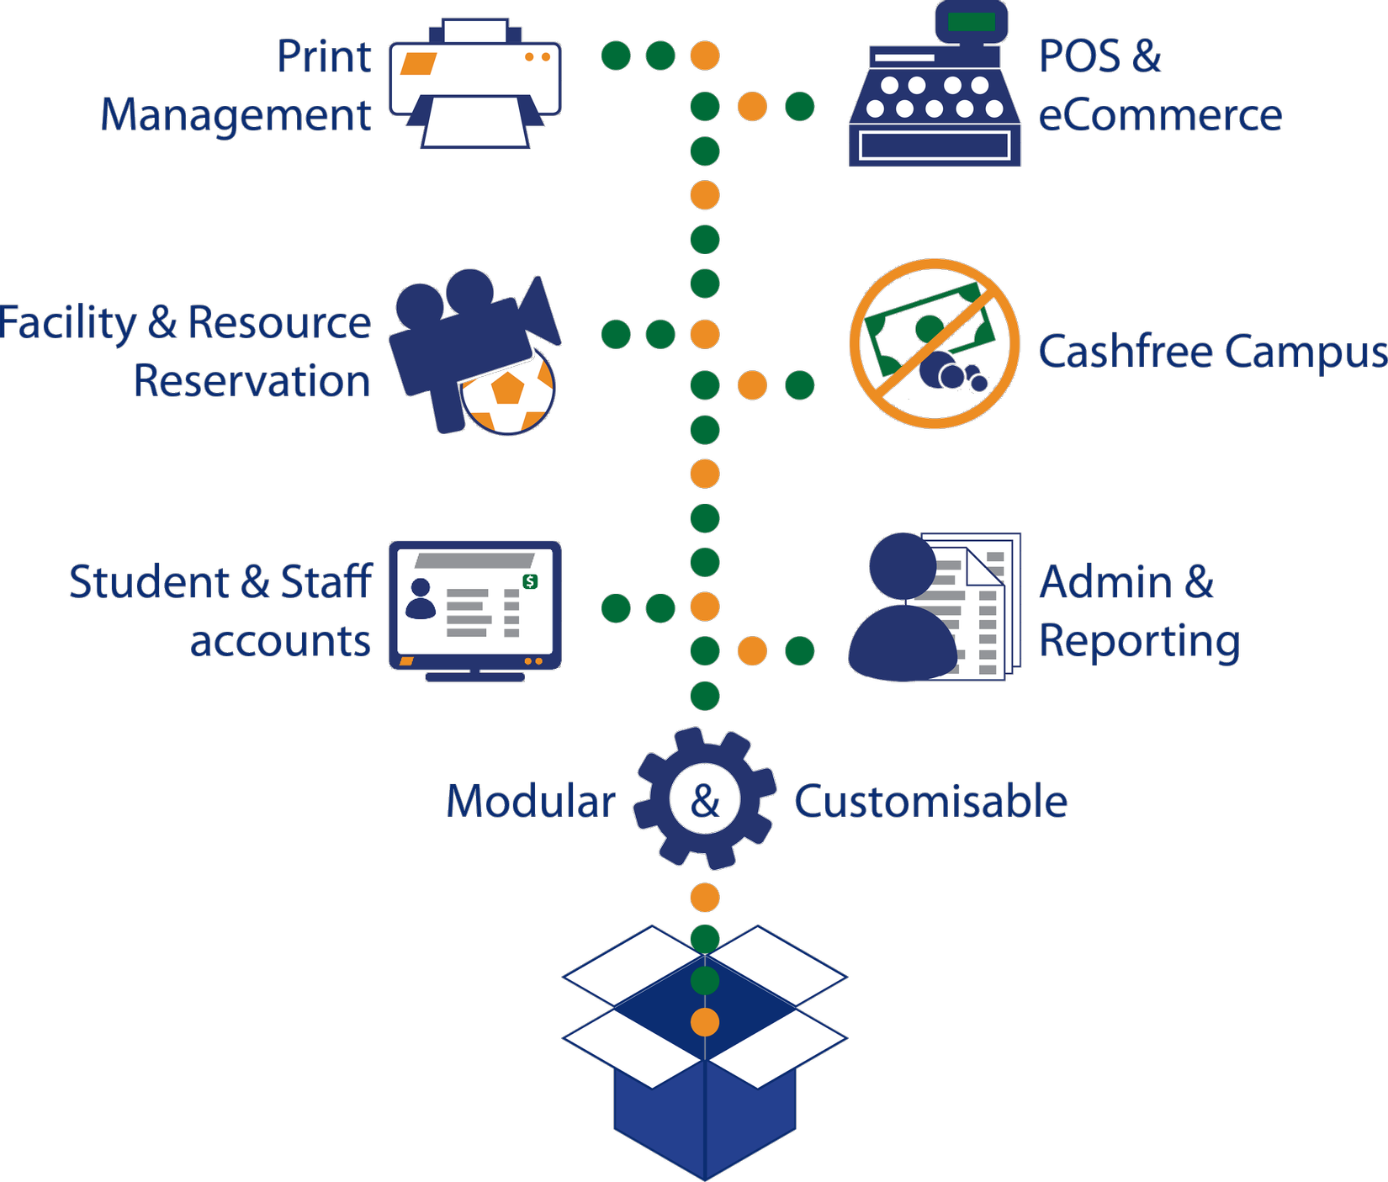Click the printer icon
475,84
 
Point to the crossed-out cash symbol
934,343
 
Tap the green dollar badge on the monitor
530,581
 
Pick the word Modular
531,801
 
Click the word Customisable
930,801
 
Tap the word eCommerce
1160,115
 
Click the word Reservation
252,381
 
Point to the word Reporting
1140,642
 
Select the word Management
236,115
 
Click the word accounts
280,641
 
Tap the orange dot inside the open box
705,1022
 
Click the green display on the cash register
971,22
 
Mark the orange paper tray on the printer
418,64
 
